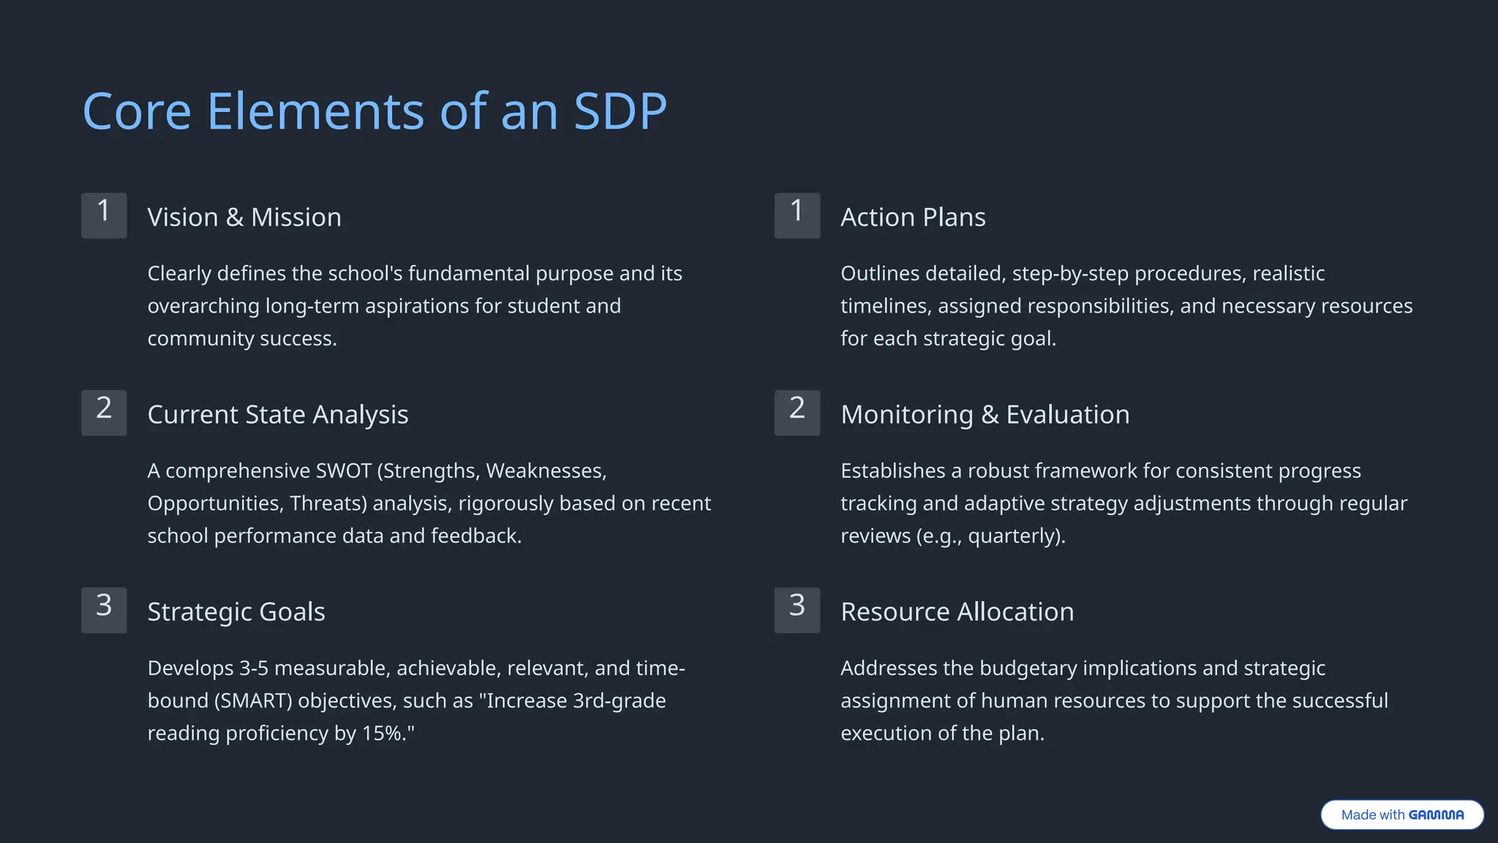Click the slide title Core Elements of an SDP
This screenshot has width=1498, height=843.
pyautogui.click(x=374, y=111)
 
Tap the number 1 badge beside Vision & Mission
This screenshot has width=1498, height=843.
pyautogui.click(x=104, y=216)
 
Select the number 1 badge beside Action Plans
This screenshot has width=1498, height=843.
pyautogui.click(x=797, y=216)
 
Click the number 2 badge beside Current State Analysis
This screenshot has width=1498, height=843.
pyautogui.click(x=104, y=413)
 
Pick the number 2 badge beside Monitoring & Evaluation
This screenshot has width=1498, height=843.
pyautogui.click(x=797, y=413)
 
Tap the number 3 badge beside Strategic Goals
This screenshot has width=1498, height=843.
pyautogui.click(x=104, y=610)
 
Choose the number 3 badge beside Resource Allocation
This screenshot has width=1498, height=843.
pyautogui.click(x=797, y=610)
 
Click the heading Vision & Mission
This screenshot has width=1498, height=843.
pyautogui.click(x=244, y=217)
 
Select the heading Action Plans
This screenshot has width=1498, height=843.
pyautogui.click(x=913, y=217)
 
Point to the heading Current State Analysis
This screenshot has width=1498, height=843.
pyautogui.click(x=277, y=415)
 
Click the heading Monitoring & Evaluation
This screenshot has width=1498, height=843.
pyautogui.click(x=985, y=415)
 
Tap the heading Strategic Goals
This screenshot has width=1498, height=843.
pyautogui.click(x=236, y=612)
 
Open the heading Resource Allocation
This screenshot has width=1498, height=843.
pyautogui.click(x=957, y=612)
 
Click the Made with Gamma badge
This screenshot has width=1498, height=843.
pyautogui.click(x=1401, y=814)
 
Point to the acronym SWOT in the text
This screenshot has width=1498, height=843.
pyautogui.click(x=343, y=471)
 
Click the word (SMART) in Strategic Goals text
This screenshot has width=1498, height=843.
pyautogui.click(x=253, y=701)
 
